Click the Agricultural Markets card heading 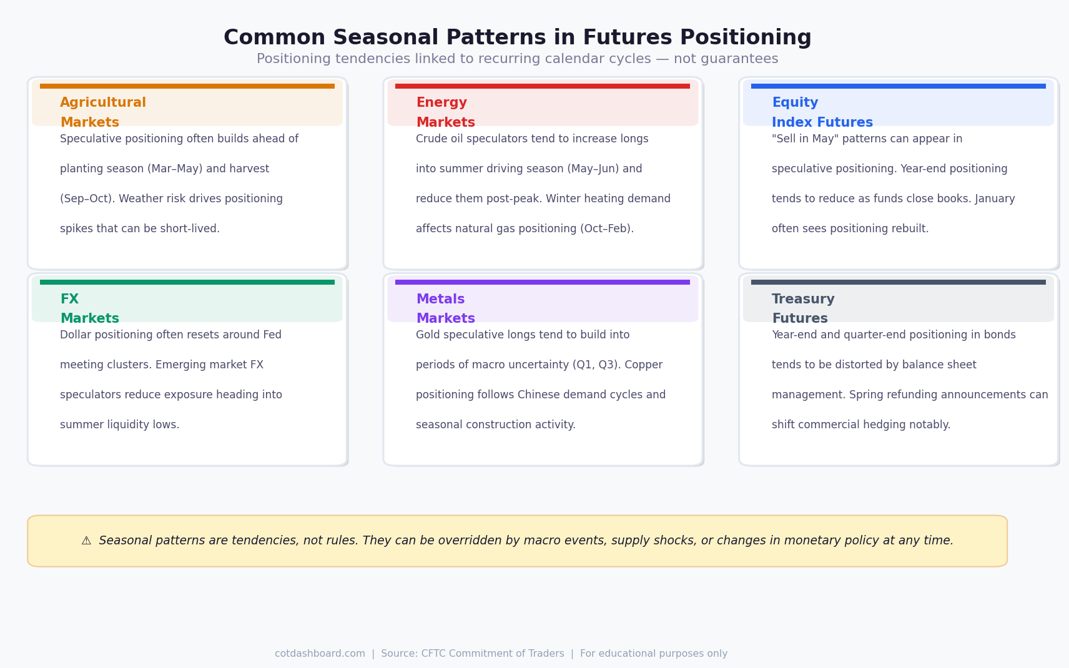pos(103,112)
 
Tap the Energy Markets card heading pos(445,112)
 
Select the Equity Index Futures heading pos(822,112)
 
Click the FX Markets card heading pos(89,308)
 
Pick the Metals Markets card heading pos(445,308)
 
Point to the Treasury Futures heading pos(803,308)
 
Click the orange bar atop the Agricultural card pos(187,86)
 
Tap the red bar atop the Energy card pos(542,86)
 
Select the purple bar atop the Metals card pos(542,282)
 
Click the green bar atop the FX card pos(187,282)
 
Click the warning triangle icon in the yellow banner pos(86,541)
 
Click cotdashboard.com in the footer pos(320,654)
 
